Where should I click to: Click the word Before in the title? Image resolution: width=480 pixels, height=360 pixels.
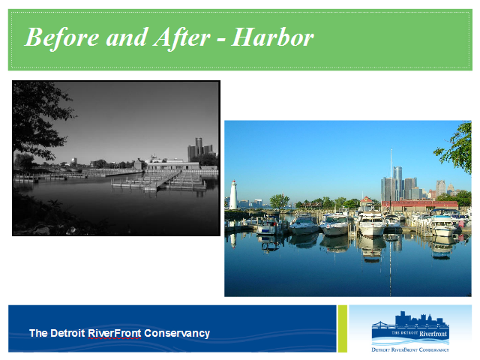[x=61, y=37]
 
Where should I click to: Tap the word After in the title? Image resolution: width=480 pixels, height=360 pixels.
[x=181, y=38]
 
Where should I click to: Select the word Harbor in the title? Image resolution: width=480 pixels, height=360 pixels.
[x=273, y=37]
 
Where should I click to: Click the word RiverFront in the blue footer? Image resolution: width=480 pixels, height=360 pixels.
[x=115, y=333]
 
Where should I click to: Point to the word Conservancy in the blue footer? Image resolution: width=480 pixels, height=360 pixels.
[x=177, y=333]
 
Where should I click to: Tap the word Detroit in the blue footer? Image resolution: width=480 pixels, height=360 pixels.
[x=67, y=333]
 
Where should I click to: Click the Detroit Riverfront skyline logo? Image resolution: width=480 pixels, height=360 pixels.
[x=410, y=328]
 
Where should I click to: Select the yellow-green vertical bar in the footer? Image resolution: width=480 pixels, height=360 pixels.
[x=343, y=328]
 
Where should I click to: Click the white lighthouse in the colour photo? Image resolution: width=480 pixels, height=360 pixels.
[x=233, y=195]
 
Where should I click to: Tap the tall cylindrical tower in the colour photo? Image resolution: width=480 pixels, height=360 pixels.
[x=397, y=183]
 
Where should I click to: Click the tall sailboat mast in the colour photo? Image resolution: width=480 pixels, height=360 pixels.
[x=391, y=181]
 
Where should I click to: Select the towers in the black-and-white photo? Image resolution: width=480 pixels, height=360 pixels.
[x=200, y=149]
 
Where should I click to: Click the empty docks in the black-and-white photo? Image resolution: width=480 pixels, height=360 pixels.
[x=159, y=181]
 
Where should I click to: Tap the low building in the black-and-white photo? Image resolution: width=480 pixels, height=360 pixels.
[x=173, y=166]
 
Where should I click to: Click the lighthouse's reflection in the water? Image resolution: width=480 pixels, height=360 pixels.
[x=233, y=240]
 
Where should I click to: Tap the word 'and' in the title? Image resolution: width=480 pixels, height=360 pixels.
[x=126, y=37]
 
